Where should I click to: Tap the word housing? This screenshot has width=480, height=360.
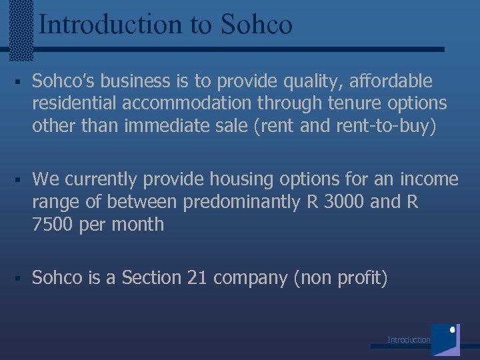pyautogui.click(x=238, y=179)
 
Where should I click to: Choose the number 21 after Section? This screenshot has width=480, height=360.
pyautogui.click(x=197, y=277)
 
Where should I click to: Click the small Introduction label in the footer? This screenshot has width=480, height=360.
pyautogui.click(x=409, y=340)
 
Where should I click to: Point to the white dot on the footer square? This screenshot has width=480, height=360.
pyautogui.click(x=453, y=330)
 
